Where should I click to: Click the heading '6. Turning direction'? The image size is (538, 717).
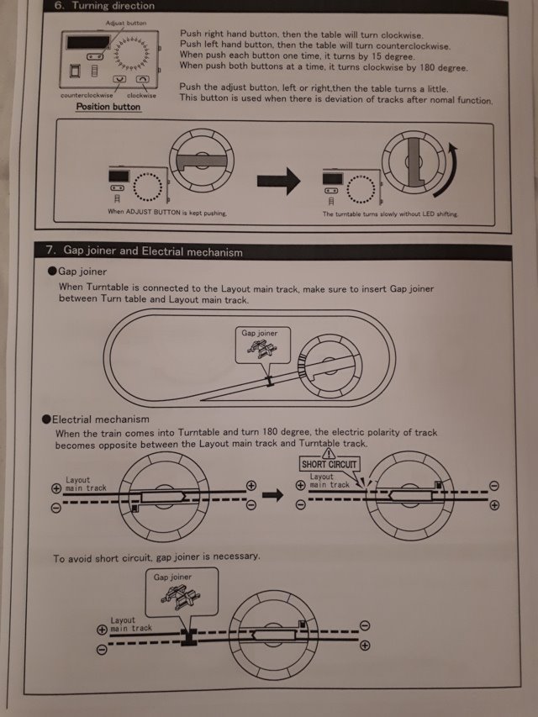(106, 6)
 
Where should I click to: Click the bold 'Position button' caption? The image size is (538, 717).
(108, 107)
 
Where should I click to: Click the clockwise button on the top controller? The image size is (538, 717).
(142, 79)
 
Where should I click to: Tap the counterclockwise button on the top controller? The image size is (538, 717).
(119, 79)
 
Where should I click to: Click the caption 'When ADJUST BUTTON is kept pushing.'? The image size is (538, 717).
(167, 214)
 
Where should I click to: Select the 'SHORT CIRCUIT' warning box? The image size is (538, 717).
(329, 464)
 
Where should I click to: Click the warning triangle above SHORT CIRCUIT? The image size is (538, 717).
(329, 453)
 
